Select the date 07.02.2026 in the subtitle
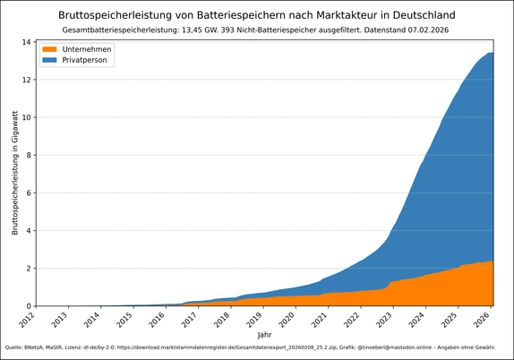(424, 30)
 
